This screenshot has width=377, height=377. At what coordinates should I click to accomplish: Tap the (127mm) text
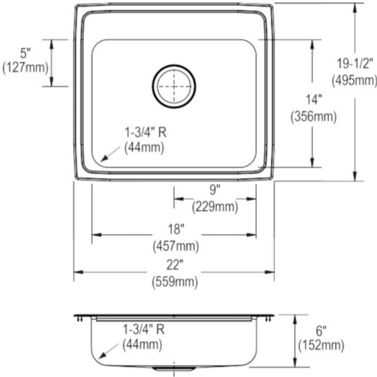coord(25,68)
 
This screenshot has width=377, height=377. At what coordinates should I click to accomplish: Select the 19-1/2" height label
coord(355,64)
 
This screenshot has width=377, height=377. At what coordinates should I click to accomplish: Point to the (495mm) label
coord(355,81)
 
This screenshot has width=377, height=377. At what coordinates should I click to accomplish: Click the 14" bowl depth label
coord(314,100)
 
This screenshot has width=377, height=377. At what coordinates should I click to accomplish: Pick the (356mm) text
coord(313,117)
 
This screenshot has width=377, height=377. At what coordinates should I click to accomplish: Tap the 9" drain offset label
coord(214,190)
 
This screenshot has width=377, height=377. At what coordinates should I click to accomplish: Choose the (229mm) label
coord(214,207)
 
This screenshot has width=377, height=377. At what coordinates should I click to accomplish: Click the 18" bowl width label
coord(176,229)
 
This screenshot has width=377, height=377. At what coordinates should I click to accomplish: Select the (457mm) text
coord(176,246)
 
